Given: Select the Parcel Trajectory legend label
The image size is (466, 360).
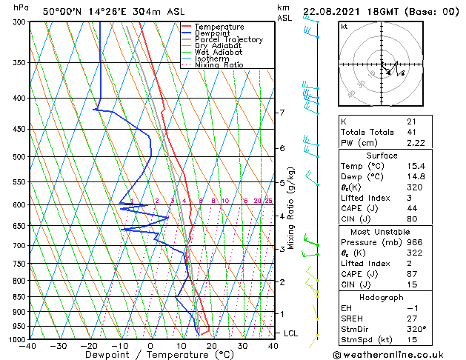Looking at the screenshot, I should [x=229, y=40].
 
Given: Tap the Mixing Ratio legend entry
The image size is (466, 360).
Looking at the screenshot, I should [x=220, y=65].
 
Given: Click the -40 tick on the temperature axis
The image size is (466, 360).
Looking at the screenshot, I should [x=28, y=346].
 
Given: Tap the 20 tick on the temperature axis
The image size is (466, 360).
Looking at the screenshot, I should [x=212, y=346].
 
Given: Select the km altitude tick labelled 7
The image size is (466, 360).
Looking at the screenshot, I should [x=282, y=113].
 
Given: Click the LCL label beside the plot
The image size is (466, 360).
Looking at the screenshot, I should [x=291, y=333].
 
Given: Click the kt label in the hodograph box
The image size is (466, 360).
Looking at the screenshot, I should [x=344, y=27].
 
